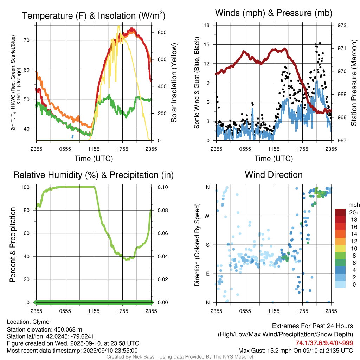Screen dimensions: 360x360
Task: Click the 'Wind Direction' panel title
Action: pyautogui.click(x=274, y=175)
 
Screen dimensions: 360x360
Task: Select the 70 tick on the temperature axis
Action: pyautogui.click(x=30, y=40)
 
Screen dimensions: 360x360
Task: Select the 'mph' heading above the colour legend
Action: pyautogui.click(x=353, y=205)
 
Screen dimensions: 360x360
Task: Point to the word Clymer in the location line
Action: pyautogui.click(x=42, y=322)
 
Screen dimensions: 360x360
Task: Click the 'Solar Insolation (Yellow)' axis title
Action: pyautogui.click(x=174, y=83)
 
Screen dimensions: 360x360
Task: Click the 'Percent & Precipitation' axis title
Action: pyautogui.click(x=13, y=244)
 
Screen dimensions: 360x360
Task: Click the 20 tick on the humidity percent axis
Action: pyautogui.click(x=30, y=279)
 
